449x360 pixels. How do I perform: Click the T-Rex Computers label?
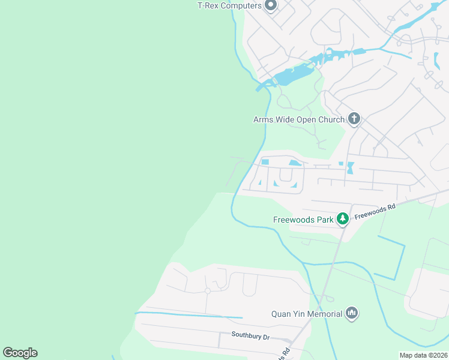pyautogui.click(x=230, y=5)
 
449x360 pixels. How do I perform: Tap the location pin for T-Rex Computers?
pyautogui.click(x=271, y=5)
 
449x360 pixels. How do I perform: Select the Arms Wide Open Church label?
pyautogui.click(x=299, y=119)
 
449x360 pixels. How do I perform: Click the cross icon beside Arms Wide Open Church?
pyautogui.click(x=354, y=119)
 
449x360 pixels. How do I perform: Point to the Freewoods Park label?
pyautogui.click(x=303, y=220)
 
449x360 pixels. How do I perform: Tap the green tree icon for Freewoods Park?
pyautogui.click(x=343, y=219)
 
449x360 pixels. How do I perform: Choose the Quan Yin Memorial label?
pyautogui.click(x=306, y=313)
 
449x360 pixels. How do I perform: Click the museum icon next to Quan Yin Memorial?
pyautogui.click(x=352, y=313)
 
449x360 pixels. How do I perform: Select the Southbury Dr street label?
pyautogui.click(x=251, y=336)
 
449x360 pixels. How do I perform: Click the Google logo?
pyautogui.click(x=20, y=353)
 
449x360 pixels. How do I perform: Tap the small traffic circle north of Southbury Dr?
pyautogui.click(x=208, y=290)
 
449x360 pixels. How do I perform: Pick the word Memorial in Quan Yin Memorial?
pyautogui.click(x=325, y=313)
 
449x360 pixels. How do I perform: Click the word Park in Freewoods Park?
pyautogui.click(x=325, y=220)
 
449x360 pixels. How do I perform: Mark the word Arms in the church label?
pyautogui.click(x=264, y=119)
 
